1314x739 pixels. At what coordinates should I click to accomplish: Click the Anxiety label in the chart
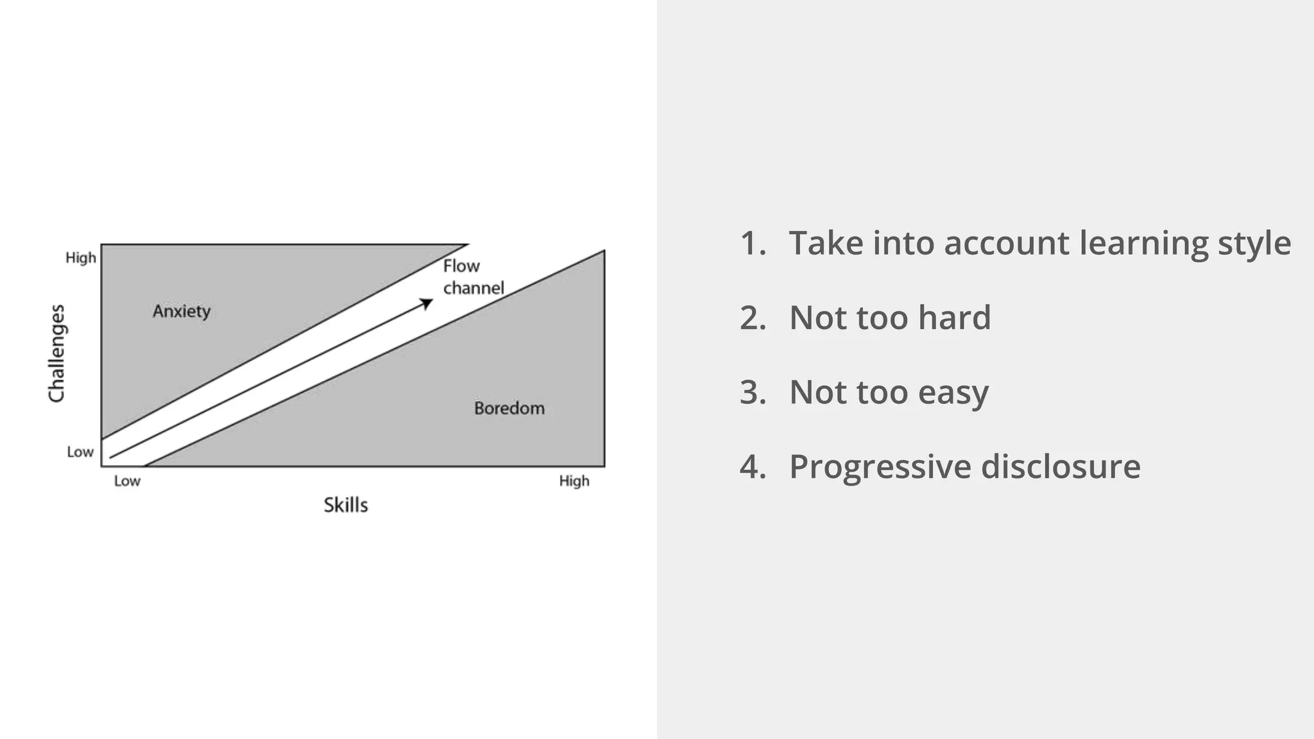[182, 312]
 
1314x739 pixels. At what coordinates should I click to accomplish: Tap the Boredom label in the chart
[509, 409]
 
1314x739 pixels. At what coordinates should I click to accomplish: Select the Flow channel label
[473, 277]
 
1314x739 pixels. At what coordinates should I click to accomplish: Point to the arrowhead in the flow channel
[427, 303]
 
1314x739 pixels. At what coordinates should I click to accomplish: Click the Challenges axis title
[57, 353]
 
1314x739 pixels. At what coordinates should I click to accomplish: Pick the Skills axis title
[345, 505]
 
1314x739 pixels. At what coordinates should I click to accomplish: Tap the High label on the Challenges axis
[81, 258]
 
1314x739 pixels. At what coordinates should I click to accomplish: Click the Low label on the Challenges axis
[80, 452]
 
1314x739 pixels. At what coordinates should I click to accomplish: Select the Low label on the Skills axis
[127, 481]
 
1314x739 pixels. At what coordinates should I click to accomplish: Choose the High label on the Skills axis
[574, 481]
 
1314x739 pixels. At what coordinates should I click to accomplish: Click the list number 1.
[752, 244]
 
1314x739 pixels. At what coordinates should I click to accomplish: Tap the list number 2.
[753, 318]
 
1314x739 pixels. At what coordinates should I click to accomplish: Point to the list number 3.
[753, 393]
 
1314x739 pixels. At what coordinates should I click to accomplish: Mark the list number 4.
[753, 467]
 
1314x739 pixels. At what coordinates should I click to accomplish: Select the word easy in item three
[953, 393]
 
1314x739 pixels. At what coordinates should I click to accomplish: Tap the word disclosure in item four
[1061, 466]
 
